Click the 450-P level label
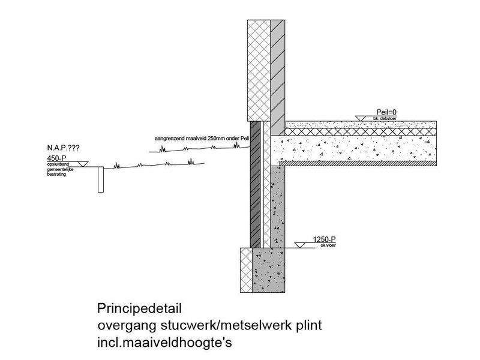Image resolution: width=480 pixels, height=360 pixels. (58, 158)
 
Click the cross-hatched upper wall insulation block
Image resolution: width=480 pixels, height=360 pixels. (259, 70)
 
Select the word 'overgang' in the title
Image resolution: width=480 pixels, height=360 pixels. (124, 326)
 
